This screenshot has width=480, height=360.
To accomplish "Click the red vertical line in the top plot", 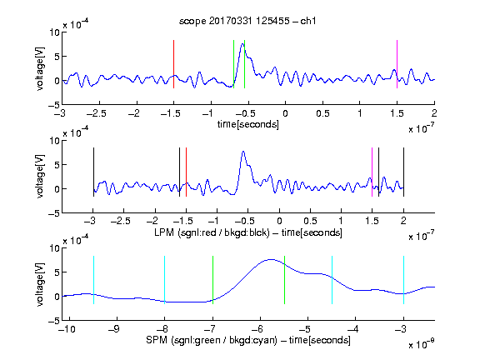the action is [x=174, y=64].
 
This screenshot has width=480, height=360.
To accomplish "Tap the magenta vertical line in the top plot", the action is [x=397, y=64].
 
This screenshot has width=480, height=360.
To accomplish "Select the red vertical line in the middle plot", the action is [x=186, y=172].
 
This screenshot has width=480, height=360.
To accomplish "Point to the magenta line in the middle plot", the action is [x=372, y=172].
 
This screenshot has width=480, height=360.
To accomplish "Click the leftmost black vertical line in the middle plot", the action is [x=93, y=172].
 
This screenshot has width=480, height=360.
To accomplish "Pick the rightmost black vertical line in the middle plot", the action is [x=403, y=172].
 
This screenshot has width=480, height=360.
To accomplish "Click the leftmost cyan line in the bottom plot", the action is [x=93, y=280].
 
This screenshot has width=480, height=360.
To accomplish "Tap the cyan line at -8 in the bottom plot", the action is [x=165, y=280].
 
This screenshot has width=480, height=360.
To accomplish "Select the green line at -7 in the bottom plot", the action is [x=212, y=280].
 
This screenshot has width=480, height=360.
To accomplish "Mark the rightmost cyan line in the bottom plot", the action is [x=403, y=280].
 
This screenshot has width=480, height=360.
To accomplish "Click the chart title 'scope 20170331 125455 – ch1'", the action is [x=247, y=21].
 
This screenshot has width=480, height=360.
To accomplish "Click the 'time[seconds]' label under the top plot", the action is [x=248, y=124].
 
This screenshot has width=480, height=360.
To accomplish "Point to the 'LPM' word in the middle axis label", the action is [x=164, y=232].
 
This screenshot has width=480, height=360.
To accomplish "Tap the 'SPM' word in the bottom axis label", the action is [x=157, y=340].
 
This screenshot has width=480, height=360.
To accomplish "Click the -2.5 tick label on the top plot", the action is [x=96, y=113].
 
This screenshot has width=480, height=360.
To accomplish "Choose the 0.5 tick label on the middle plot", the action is [x=310, y=221].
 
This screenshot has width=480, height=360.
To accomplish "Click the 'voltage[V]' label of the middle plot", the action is [x=40, y=177].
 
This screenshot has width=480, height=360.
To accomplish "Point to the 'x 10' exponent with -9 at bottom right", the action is [x=421, y=345].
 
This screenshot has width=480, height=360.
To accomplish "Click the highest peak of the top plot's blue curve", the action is [x=242, y=44].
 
